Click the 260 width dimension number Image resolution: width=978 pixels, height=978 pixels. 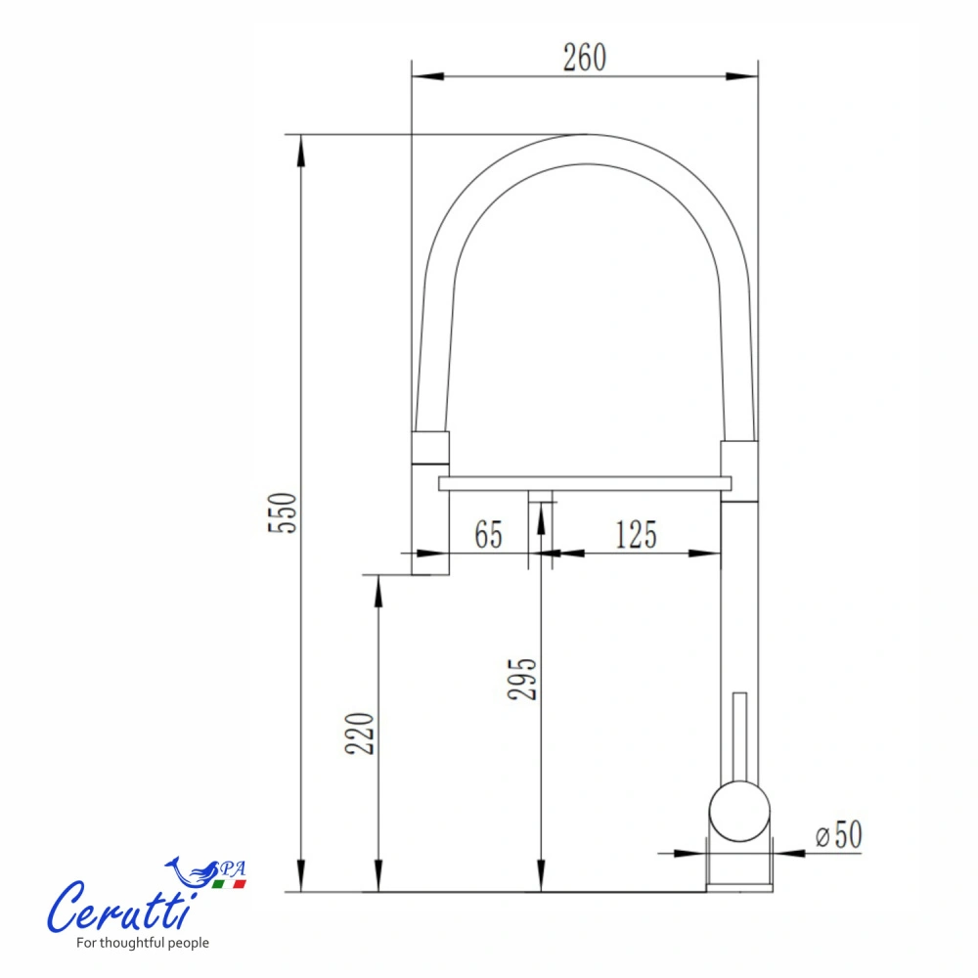pos(585,58)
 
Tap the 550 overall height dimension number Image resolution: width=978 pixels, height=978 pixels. pos(283,512)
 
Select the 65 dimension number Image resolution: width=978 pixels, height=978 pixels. pos(488,535)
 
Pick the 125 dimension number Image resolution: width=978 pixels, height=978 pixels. pos(637,535)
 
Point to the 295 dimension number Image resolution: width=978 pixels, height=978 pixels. pos(522,680)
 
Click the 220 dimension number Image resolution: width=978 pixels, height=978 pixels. pos(360,733)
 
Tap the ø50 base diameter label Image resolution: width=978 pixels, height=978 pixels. pos(839,834)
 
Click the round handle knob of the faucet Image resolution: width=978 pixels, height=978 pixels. pos(739,812)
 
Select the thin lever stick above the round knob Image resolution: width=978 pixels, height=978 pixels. pos(739,737)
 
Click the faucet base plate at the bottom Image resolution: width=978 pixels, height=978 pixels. pos(739,888)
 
